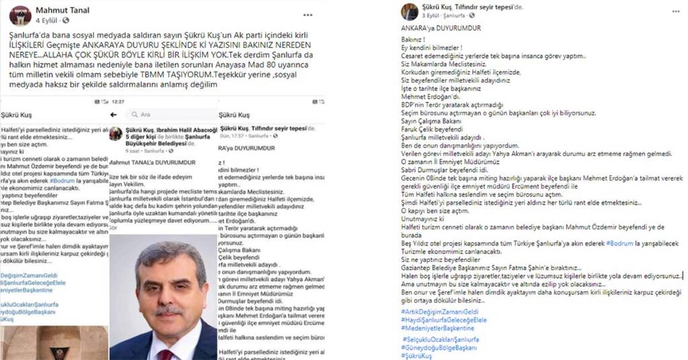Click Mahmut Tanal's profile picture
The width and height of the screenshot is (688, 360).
[x=20, y=15]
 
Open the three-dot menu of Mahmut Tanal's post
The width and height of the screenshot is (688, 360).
[x=308, y=14]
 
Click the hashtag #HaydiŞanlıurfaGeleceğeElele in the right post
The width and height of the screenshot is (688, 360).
[x=443, y=320]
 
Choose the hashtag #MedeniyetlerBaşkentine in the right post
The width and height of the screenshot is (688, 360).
[x=437, y=328]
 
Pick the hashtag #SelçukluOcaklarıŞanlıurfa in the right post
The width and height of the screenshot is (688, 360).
[x=440, y=339]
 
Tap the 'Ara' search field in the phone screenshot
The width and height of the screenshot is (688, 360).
[x=168, y=114]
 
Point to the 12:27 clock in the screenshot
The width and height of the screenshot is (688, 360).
[x=118, y=101]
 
